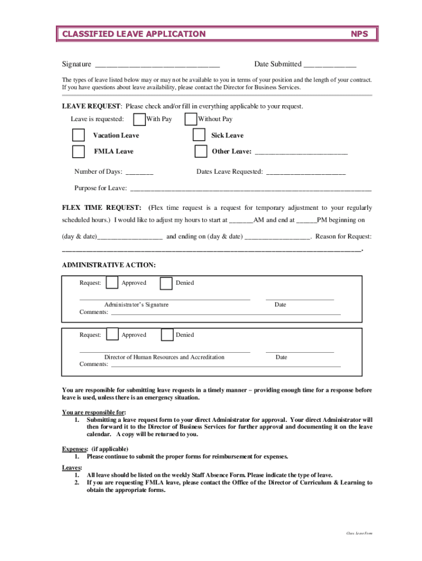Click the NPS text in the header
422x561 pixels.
coord(363,34)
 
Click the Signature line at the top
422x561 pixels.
coord(157,65)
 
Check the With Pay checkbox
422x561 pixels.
coord(140,119)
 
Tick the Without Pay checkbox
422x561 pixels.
coord(191,119)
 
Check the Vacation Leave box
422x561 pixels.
coord(79,135)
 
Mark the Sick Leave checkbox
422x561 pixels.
coord(199,135)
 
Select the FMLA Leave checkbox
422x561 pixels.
coord(79,151)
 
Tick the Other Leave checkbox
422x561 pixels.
coord(201,151)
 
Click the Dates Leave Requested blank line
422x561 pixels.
coord(306,172)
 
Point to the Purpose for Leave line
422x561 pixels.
coord(250,188)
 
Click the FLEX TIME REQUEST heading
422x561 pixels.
coord(102,208)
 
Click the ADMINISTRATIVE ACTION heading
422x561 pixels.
coord(109,265)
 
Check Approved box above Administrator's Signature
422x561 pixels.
coord(112,283)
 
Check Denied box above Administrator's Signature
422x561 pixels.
coord(166,283)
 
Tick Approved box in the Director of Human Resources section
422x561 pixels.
coord(112,334)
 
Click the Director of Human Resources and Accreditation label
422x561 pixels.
coord(164,357)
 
